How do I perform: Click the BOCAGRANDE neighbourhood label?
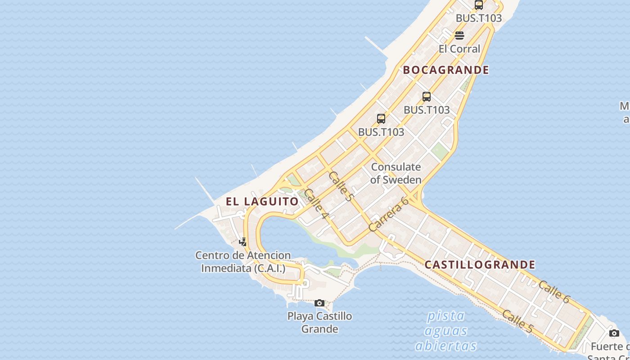pyautogui.click(x=445, y=70)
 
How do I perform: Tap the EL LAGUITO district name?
pyautogui.click(x=262, y=201)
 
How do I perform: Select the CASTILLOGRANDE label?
pyautogui.click(x=480, y=265)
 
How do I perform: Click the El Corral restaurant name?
pyautogui.click(x=459, y=49)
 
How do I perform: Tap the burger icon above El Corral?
pyautogui.click(x=459, y=36)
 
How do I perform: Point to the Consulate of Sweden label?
pyautogui.click(x=396, y=173)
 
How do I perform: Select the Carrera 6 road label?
pyautogui.click(x=388, y=214)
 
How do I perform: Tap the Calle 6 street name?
pyautogui.click(x=554, y=292)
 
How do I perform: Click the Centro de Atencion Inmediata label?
pyautogui.click(x=243, y=262)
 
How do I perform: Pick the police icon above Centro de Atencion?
pyautogui.click(x=243, y=242)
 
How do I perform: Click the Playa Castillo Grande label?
pyautogui.click(x=319, y=322)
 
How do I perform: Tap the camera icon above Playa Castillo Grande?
pyautogui.click(x=319, y=303)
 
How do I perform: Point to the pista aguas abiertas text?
pyautogui.click(x=445, y=331)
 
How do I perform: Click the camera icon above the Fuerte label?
pyautogui.click(x=614, y=333)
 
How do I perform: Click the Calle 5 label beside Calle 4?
pyautogui.click(x=342, y=186)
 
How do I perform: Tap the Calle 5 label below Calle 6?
pyautogui.click(x=517, y=322)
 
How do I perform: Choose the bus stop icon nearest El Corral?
pyautogui.click(x=479, y=5)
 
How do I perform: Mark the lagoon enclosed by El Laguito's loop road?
pyautogui.click(x=288, y=236)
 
